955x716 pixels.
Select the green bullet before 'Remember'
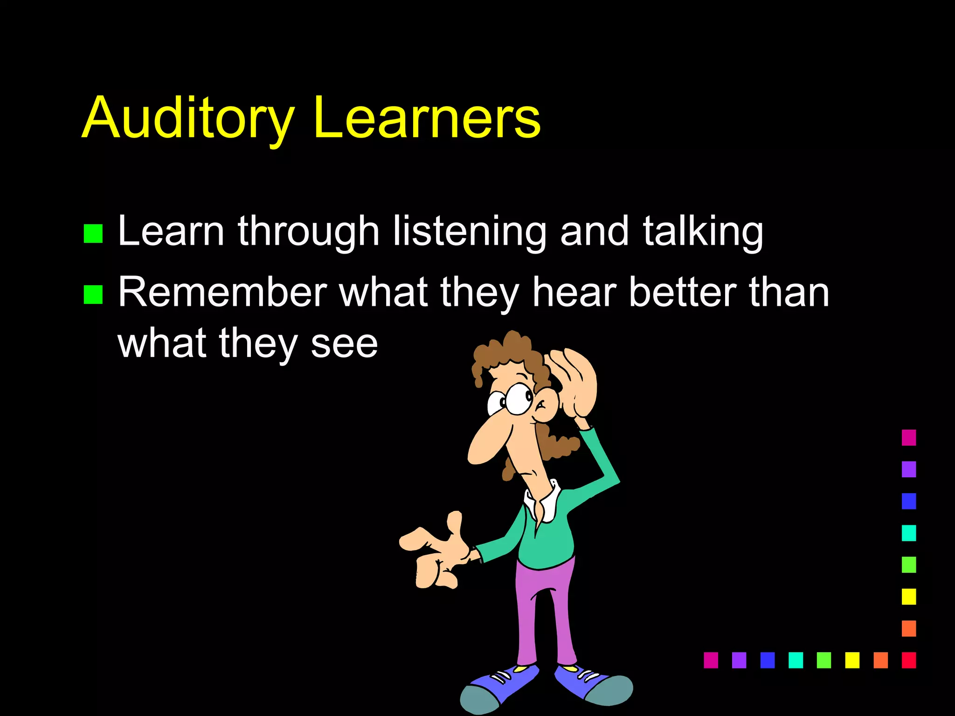[93, 295]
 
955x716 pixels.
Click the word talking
[703, 232]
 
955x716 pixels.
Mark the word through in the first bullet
[308, 232]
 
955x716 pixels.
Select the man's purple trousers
[544, 615]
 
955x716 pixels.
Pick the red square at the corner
[909, 660]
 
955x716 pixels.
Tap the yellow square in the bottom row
[852, 660]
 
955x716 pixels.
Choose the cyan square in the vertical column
[909, 533]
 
